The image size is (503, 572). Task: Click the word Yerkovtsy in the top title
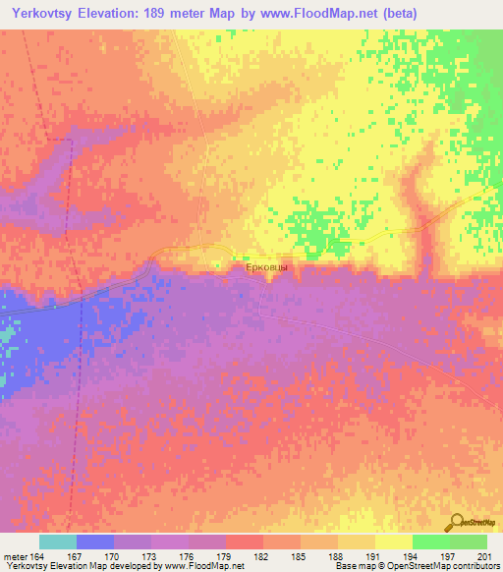(x=46, y=14)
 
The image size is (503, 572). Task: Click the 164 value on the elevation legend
(x=34, y=555)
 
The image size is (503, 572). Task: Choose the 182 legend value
(x=262, y=555)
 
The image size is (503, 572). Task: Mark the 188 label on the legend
(x=337, y=555)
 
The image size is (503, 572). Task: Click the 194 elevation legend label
(x=412, y=555)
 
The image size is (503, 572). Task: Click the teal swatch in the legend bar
(x=58, y=542)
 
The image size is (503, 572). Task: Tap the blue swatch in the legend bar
(x=95, y=542)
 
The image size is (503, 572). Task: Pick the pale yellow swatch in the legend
(x=394, y=542)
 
